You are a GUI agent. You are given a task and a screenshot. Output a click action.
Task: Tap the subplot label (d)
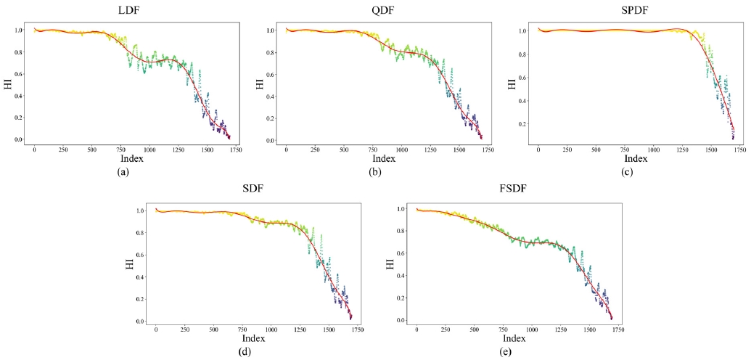click(x=254, y=353)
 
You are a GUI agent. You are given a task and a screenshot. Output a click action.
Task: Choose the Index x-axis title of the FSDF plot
click(x=514, y=339)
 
